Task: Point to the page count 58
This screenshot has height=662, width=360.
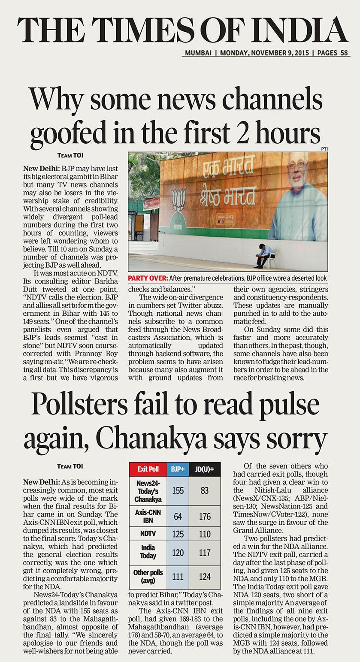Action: pos(344,53)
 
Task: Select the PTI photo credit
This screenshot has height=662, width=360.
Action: pos(324,149)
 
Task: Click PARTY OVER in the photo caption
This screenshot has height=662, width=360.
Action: pos(145,278)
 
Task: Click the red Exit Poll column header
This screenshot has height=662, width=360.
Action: pos(148,469)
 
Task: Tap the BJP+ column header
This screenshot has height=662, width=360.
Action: pos(178,469)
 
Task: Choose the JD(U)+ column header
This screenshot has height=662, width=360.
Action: pos(205,469)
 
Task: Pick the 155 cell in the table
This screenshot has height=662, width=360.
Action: pos(178,490)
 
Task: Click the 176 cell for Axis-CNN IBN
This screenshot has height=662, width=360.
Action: pos(205,516)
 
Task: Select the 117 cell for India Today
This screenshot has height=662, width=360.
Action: pos(205,553)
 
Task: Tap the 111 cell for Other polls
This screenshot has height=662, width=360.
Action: pos(178,577)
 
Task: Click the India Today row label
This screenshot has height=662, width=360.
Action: pos(148,553)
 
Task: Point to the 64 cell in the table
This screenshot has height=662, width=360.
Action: pos(178,516)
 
